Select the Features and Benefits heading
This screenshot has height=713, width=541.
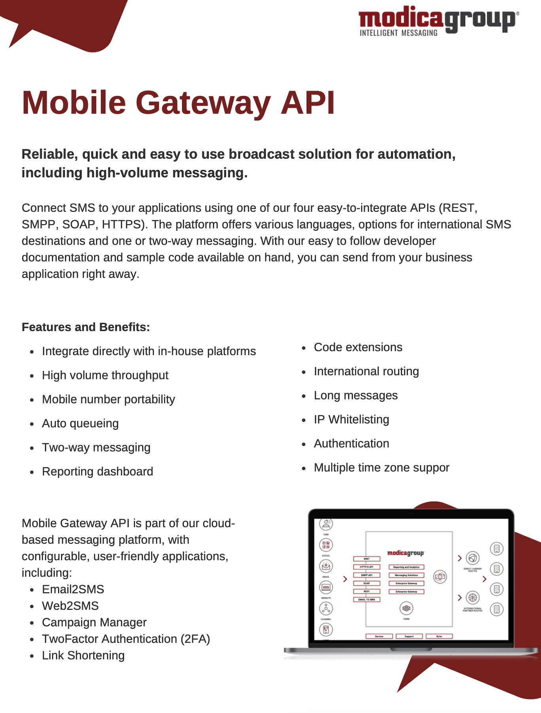86,327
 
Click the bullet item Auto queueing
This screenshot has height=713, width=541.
80,423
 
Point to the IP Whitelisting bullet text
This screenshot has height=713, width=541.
351,419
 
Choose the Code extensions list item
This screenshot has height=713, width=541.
358,347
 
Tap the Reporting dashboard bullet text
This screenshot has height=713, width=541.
97,472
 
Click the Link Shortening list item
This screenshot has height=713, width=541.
83,656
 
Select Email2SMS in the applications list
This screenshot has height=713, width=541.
73,590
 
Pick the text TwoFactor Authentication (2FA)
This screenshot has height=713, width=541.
126,639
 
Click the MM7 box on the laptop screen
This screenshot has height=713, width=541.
367,559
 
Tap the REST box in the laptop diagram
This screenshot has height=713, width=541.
367,592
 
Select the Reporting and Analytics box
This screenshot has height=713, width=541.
406,567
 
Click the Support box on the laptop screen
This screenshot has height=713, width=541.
409,636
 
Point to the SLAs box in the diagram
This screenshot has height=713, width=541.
439,636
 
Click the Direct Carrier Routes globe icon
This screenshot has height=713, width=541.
473,558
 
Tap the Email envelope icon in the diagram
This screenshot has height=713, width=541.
326,566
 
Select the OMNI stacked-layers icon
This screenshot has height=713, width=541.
406,608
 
